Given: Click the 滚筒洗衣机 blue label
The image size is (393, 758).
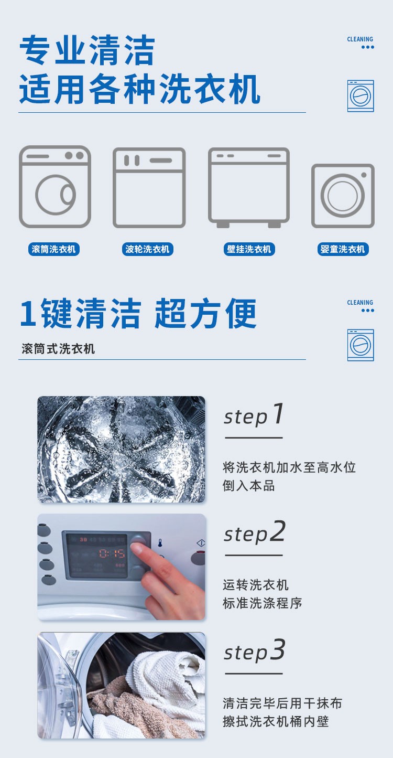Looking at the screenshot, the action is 54,249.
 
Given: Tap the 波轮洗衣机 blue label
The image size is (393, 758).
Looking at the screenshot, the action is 147,249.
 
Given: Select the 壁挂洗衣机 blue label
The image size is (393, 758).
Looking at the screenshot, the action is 249,249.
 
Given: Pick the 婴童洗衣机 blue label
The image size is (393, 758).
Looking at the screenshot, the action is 343,249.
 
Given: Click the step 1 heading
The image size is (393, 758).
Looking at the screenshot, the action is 254,414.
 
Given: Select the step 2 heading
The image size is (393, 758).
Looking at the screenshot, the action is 255,532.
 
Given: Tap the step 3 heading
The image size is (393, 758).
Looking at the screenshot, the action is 255,650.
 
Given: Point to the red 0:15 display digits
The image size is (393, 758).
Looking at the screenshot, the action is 112,553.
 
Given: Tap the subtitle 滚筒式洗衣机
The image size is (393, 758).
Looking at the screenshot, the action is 58,348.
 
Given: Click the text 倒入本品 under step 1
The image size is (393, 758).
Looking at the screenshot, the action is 248,486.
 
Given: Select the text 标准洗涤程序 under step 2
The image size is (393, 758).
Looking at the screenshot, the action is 262,603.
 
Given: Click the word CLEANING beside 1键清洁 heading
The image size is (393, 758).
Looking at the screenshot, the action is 360,303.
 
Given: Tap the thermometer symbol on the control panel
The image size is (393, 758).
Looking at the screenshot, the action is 160,543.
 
